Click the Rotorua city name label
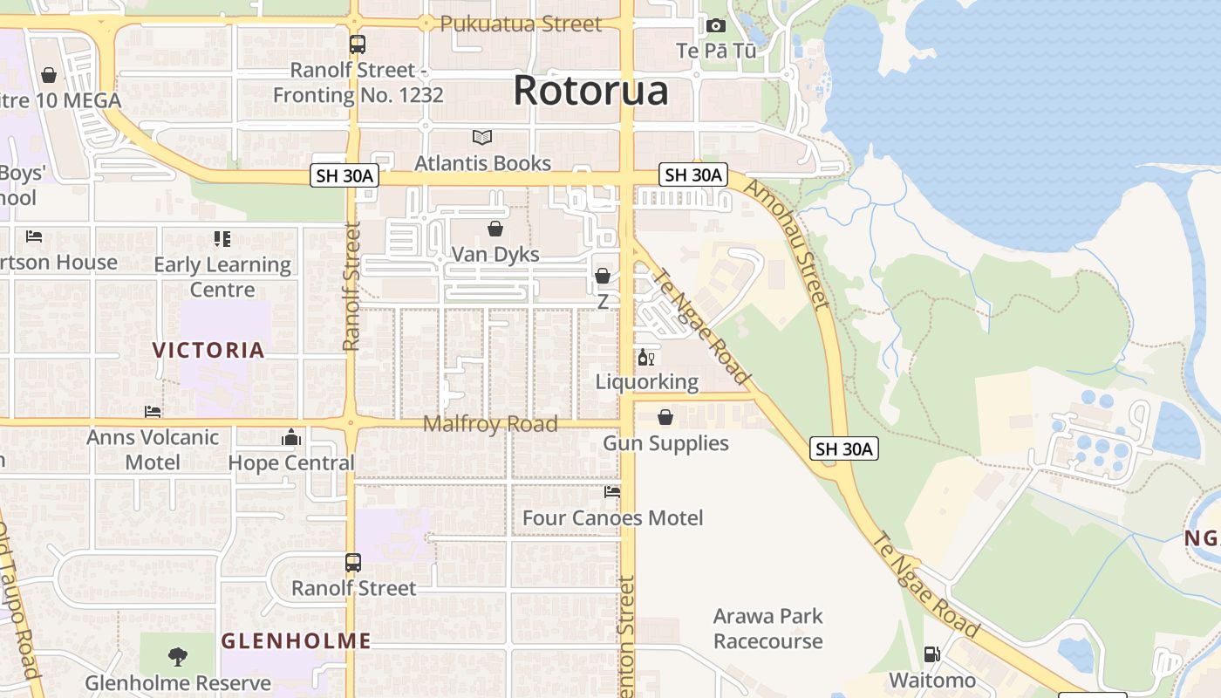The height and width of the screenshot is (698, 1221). pyautogui.click(x=590, y=91)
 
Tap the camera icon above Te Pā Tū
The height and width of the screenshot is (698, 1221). pyautogui.click(x=716, y=26)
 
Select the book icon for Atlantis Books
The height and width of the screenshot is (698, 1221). pyautogui.click(x=482, y=137)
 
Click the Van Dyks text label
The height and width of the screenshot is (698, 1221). pyautogui.click(x=495, y=255)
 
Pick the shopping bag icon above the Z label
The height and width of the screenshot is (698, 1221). pyautogui.click(x=603, y=276)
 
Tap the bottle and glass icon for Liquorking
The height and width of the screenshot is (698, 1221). pyautogui.click(x=646, y=357)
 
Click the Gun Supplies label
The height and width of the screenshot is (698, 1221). pyautogui.click(x=665, y=443)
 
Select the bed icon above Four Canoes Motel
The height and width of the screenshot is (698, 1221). pyautogui.click(x=612, y=492)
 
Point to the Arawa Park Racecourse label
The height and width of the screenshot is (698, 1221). pyautogui.click(x=767, y=628)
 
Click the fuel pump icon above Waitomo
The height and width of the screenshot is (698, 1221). pyautogui.click(x=931, y=654)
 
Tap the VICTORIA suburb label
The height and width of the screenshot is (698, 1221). pyautogui.click(x=208, y=350)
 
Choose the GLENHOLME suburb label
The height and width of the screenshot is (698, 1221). pyautogui.click(x=296, y=641)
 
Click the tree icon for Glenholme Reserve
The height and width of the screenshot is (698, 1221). pyautogui.click(x=178, y=656)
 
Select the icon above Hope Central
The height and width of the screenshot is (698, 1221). pyautogui.click(x=291, y=437)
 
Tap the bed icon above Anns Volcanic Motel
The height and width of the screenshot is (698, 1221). pyautogui.click(x=153, y=411)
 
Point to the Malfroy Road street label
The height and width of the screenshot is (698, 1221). pyautogui.click(x=490, y=424)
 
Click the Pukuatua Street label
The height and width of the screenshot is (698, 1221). pyautogui.click(x=521, y=24)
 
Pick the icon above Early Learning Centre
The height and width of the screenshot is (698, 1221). pyautogui.click(x=222, y=239)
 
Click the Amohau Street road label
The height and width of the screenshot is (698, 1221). pyautogui.click(x=787, y=245)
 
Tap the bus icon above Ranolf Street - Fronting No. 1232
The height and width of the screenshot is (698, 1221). pyautogui.click(x=358, y=44)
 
